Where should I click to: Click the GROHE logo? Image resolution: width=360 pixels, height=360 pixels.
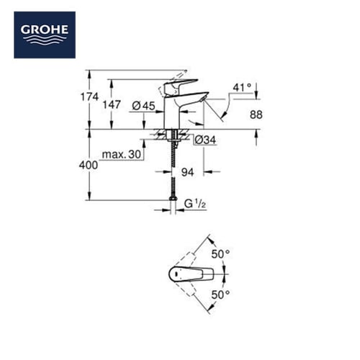pos(45,35)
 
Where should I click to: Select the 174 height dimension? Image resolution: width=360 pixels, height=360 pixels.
pos(89,97)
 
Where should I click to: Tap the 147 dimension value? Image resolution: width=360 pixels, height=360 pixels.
pos(112,104)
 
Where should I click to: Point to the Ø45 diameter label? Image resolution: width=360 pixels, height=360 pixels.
pos(144,106)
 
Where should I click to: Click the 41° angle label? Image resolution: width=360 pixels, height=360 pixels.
pos(242,88)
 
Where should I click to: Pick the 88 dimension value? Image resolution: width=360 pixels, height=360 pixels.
pos(256,114)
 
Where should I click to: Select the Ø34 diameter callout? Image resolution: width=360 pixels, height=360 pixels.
pos(205,140)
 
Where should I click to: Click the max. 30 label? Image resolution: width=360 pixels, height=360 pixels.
pos(122,154)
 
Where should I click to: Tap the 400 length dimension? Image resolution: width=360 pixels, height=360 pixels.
pos(89,165)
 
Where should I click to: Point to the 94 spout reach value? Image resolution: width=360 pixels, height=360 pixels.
pos(187,172)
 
